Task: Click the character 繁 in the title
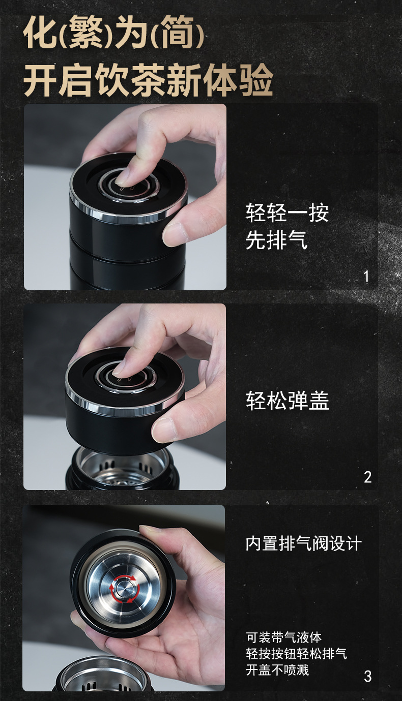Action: click(x=85, y=33)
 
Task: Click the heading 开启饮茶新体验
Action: click(x=148, y=80)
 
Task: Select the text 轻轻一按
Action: click(x=287, y=213)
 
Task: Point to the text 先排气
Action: click(x=276, y=240)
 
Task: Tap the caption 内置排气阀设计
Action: click(x=303, y=543)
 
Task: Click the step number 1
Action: click(x=366, y=277)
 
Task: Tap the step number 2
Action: click(x=367, y=477)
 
